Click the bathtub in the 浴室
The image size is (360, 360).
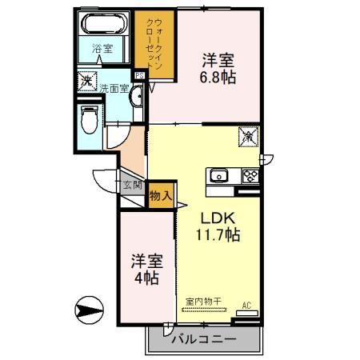pos(105,22)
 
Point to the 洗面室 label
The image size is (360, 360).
pos(113,88)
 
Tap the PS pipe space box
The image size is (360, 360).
pos(139,76)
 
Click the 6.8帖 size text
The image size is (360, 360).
pos(218,78)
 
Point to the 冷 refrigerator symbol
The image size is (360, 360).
pos(247,137)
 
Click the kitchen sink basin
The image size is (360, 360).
pos(219,176)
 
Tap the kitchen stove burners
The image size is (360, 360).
pos(249,176)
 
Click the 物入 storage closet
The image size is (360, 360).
pos(159,194)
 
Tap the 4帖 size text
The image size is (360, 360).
pos(145,278)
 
